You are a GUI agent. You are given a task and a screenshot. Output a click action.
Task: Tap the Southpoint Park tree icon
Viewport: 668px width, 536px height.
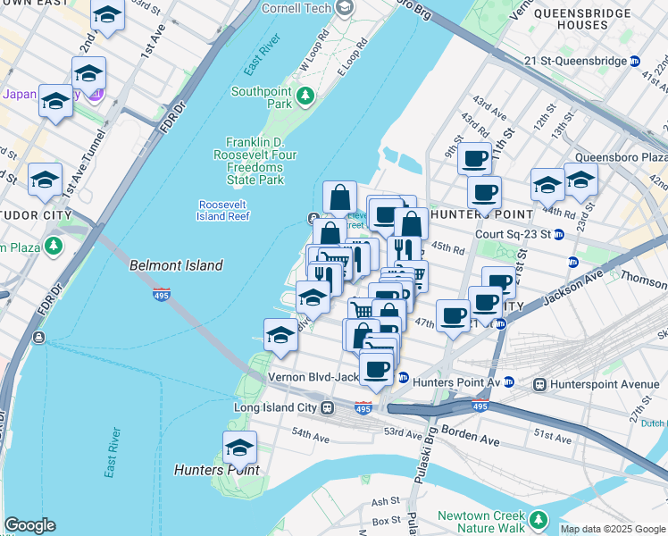306,95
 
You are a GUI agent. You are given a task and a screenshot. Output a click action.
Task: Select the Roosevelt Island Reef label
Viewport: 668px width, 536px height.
223,210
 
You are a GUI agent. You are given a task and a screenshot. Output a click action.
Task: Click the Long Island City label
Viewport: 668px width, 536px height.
276,408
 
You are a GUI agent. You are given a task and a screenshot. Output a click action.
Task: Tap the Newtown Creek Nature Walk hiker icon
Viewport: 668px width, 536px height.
538,519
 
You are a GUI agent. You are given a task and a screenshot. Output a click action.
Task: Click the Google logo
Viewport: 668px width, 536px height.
29,525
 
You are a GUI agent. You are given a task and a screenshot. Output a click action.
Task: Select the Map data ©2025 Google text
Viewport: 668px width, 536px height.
613,529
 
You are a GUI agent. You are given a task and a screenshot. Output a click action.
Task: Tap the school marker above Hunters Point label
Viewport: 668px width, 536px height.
239,448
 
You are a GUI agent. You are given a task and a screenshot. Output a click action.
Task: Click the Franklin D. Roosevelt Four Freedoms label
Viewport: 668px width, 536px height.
267,161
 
